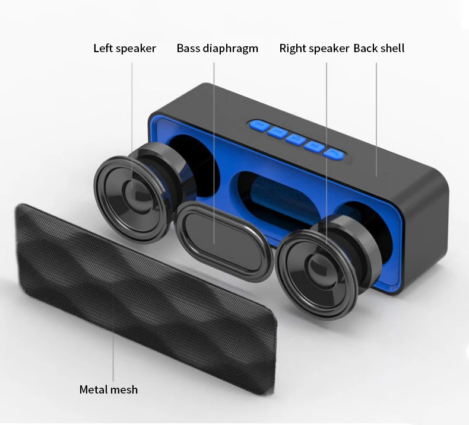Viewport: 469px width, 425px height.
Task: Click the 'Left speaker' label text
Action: [x=125, y=49]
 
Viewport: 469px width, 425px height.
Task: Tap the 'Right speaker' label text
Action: [x=314, y=49]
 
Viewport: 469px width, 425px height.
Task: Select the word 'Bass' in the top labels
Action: [x=188, y=49]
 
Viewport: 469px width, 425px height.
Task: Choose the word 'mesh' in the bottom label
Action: [x=124, y=389]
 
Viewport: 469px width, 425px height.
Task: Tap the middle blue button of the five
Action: [x=295, y=139]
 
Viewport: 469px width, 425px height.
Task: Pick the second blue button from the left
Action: [x=276, y=132]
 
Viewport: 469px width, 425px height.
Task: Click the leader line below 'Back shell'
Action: [x=376, y=119]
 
